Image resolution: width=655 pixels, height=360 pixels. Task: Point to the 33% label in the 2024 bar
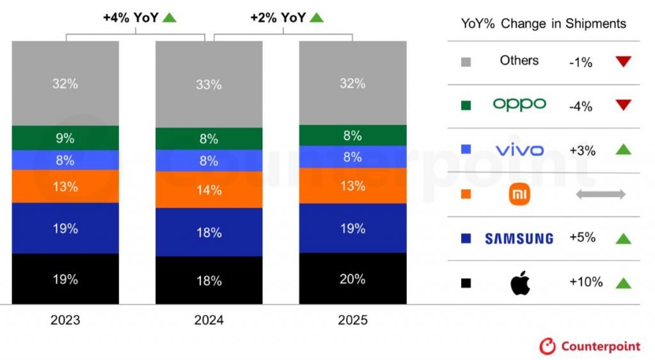[209, 84]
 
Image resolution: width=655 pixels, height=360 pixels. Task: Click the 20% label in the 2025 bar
[352, 279]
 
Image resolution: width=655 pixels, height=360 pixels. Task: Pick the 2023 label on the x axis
[65, 320]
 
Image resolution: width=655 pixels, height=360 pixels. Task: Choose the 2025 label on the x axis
[352, 320]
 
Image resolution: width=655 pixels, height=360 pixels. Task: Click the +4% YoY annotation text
[130, 18]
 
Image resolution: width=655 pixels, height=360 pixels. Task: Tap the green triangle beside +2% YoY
[316, 17]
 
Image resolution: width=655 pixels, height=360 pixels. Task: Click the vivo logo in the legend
[519, 150]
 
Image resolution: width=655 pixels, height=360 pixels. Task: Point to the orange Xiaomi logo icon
[520, 194]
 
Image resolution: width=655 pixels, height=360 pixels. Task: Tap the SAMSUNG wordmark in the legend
[519, 239]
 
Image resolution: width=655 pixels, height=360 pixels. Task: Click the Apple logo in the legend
[520, 283]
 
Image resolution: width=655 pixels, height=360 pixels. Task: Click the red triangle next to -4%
[623, 105]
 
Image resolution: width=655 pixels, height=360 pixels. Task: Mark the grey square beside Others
[466, 62]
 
